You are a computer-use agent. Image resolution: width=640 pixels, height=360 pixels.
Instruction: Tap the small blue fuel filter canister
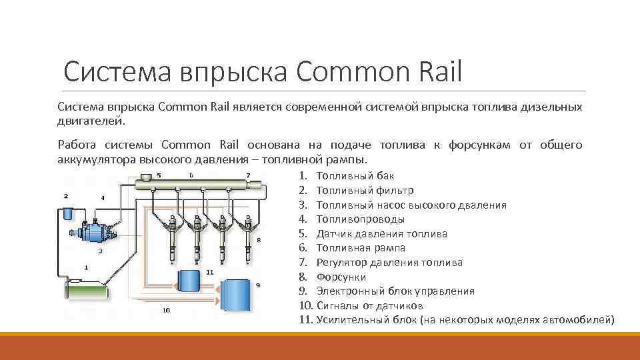coord(67,214)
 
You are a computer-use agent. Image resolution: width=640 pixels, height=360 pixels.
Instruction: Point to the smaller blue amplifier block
coord(189,280)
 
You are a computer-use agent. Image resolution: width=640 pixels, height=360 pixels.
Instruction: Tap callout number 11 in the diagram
coord(209,272)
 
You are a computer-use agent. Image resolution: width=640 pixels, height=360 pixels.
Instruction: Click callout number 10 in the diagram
coord(165,310)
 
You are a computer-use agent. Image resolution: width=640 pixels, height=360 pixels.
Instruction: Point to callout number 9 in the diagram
coord(258,285)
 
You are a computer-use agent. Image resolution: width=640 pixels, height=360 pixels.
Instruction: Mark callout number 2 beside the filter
coord(65,196)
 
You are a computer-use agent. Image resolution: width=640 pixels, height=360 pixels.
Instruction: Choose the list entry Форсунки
coord(341,277)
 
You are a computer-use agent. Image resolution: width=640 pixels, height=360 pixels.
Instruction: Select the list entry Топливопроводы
coord(361,219)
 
